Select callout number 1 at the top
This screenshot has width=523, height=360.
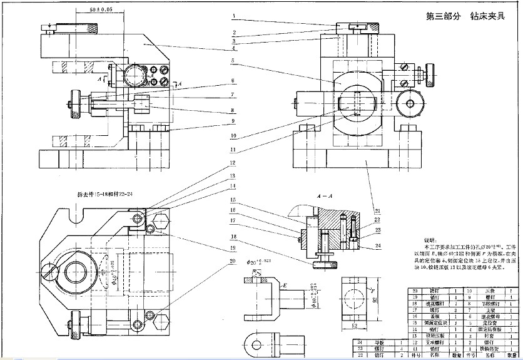pyautogui.click(x=232, y=15)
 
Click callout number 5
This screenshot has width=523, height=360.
pyautogui.click(x=232, y=61)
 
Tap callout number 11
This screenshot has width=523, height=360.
pyautogui.click(x=232, y=150)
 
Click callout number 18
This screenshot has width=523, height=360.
pyautogui.click(x=232, y=237)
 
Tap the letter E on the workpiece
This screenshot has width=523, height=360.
pyautogui.click(x=285, y=285)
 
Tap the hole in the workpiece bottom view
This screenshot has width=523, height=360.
pyautogui.click(x=255, y=342)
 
